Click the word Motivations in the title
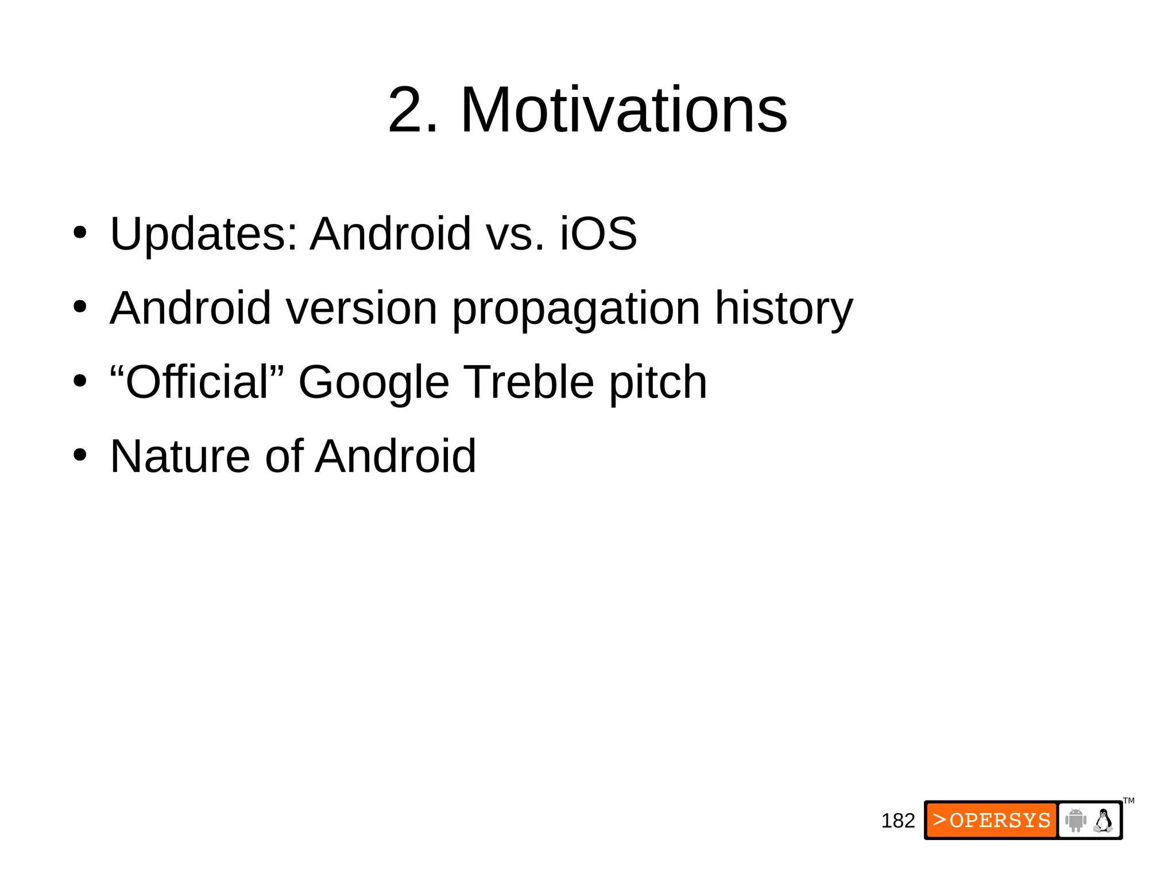624,110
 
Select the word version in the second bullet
361,308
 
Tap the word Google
373,384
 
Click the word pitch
657,384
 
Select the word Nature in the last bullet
180,457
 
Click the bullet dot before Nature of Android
80,455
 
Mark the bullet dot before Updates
80,233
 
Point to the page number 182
898,821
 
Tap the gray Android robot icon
1075,820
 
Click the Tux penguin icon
1103,820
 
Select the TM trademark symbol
1128,800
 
